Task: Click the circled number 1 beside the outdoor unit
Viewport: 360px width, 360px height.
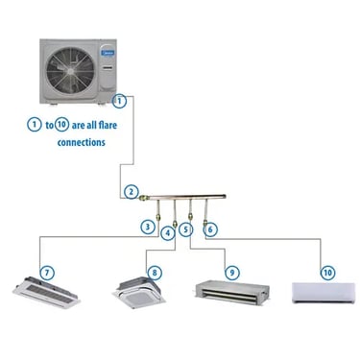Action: pyautogui.click(x=119, y=101)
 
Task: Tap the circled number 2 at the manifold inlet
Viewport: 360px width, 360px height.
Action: pyautogui.click(x=131, y=192)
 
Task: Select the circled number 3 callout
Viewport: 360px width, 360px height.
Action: pyautogui.click(x=148, y=227)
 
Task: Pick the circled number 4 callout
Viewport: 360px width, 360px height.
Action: pyautogui.click(x=168, y=233)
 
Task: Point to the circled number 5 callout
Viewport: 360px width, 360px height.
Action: pyautogui.click(x=186, y=229)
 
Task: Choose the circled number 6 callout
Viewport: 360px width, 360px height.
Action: pyautogui.click(x=210, y=229)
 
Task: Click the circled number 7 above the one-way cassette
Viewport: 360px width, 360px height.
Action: pyautogui.click(x=47, y=273)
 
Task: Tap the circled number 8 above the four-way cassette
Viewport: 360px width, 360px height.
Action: pyautogui.click(x=155, y=273)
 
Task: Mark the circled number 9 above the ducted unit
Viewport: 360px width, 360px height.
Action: pyautogui.click(x=232, y=273)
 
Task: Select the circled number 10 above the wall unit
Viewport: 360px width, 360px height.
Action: pyautogui.click(x=327, y=273)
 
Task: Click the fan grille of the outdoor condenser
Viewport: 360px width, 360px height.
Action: pyautogui.click(x=70, y=71)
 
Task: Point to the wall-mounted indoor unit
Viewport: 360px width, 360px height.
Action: pyautogui.click(x=324, y=293)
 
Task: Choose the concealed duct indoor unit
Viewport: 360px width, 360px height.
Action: pyautogui.click(x=232, y=293)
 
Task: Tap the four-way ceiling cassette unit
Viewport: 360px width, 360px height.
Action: pyautogui.click(x=138, y=293)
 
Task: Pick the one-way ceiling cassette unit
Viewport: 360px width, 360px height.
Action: pyautogui.click(x=46, y=293)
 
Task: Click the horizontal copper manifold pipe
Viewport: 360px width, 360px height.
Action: pyautogui.click(x=187, y=197)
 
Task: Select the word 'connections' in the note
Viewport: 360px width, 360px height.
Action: pyautogui.click(x=82, y=142)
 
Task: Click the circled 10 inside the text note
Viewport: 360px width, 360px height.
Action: pyautogui.click(x=62, y=125)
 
